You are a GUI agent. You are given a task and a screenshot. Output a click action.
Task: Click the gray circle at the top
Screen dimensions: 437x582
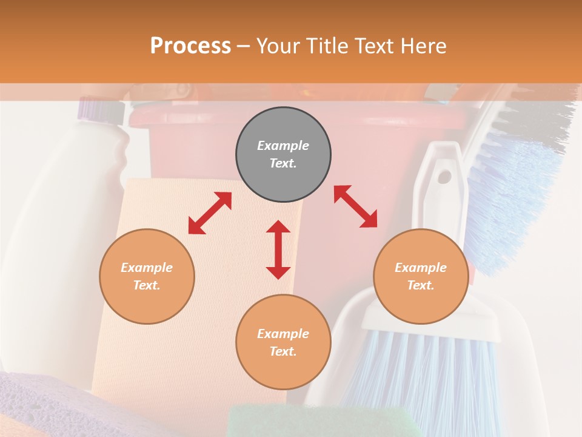(283, 154)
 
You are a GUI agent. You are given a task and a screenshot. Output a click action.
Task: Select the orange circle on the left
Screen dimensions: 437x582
(147, 276)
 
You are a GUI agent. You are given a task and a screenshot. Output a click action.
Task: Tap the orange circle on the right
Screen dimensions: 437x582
(421, 276)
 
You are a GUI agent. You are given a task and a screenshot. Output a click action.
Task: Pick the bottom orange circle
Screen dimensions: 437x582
(283, 342)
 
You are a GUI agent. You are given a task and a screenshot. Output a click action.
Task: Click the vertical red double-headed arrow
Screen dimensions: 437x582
(278, 249)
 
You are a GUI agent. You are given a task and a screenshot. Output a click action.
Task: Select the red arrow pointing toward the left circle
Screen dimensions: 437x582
(210, 213)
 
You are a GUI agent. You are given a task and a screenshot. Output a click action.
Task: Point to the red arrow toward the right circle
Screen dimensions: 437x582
(355, 206)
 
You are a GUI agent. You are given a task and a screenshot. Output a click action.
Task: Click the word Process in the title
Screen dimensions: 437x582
(190, 46)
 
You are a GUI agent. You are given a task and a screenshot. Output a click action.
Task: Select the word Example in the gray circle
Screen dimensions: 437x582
(283, 146)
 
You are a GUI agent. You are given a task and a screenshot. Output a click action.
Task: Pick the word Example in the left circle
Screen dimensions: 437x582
(147, 268)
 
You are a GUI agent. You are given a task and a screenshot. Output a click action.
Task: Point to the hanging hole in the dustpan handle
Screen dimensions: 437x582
(444, 177)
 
